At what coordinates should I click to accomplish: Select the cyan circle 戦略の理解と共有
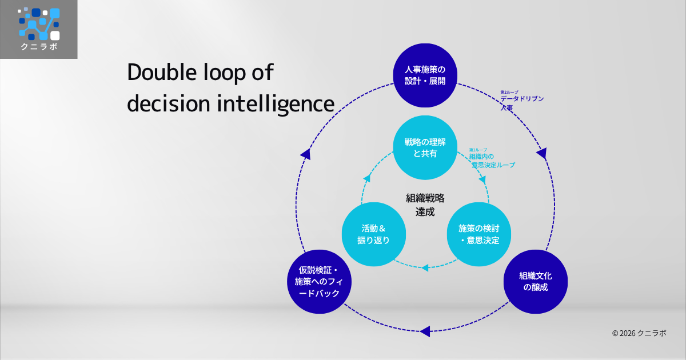425,147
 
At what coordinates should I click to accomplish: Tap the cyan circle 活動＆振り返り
373,234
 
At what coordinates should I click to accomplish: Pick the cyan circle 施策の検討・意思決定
478,234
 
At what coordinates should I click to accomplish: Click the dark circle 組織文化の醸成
536,281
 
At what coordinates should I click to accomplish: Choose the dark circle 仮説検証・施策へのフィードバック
319,281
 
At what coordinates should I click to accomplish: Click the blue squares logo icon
38,23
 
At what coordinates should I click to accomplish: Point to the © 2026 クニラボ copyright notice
639,333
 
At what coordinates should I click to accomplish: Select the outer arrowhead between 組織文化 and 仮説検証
425,331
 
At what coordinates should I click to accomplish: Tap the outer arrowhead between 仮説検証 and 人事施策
306,154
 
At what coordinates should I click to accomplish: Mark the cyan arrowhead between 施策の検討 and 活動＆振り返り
425,267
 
